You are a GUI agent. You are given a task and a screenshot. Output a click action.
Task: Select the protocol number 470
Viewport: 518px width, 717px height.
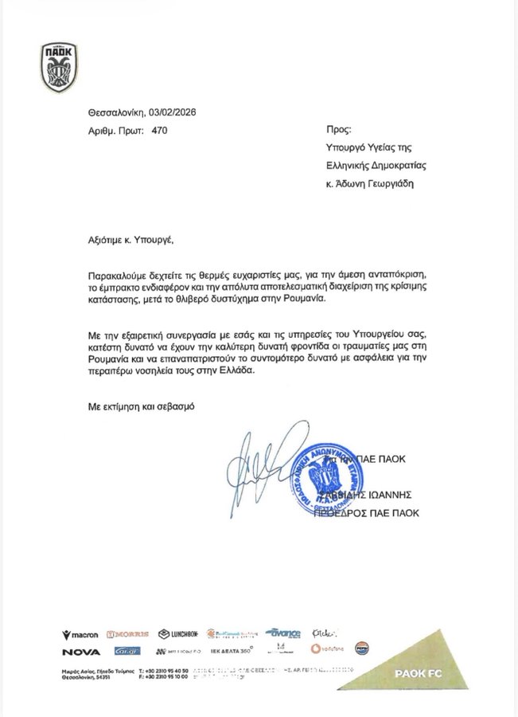(x=159, y=129)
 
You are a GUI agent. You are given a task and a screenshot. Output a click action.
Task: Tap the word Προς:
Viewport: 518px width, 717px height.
(x=338, y=129)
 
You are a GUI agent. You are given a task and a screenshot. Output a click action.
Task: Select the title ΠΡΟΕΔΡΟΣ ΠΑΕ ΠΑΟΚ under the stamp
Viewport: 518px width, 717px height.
(x=378, y=513)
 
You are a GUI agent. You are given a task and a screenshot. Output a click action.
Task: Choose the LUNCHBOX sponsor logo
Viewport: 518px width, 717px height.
(x=178, y=634)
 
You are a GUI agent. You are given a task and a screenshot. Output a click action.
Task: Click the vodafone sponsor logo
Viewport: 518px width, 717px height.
(x=328, y=650)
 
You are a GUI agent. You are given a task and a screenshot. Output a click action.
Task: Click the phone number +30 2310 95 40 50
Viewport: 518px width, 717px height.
(x=166, y=672)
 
